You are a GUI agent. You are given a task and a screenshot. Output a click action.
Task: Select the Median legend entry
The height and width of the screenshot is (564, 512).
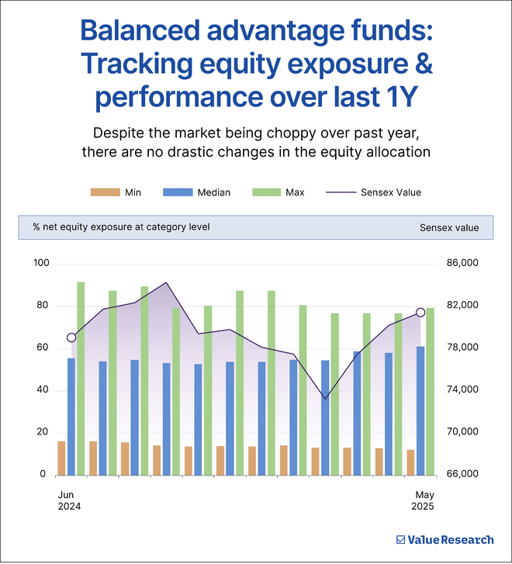196,192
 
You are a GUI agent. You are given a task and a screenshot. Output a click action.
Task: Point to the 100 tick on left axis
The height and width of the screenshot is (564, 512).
41,264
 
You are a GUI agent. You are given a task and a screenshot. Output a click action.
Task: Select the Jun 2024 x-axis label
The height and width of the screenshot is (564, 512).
69,500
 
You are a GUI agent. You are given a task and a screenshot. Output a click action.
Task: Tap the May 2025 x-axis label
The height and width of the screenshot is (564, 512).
423,500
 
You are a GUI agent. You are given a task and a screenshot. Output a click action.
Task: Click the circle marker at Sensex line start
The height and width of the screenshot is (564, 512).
71,337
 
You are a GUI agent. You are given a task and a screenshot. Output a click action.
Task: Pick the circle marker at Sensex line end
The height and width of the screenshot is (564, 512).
420,312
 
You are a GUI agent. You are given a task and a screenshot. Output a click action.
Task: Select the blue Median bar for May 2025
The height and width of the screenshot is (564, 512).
420,410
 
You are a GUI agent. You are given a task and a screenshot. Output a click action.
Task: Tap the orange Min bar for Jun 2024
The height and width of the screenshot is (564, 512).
62,458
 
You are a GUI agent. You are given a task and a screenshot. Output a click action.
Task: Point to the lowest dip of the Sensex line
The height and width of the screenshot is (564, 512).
325,399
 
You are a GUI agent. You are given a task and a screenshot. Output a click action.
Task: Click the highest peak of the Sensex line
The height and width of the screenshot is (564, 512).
166,282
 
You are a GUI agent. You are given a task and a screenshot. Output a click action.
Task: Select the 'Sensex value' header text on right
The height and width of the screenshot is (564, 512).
449,228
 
